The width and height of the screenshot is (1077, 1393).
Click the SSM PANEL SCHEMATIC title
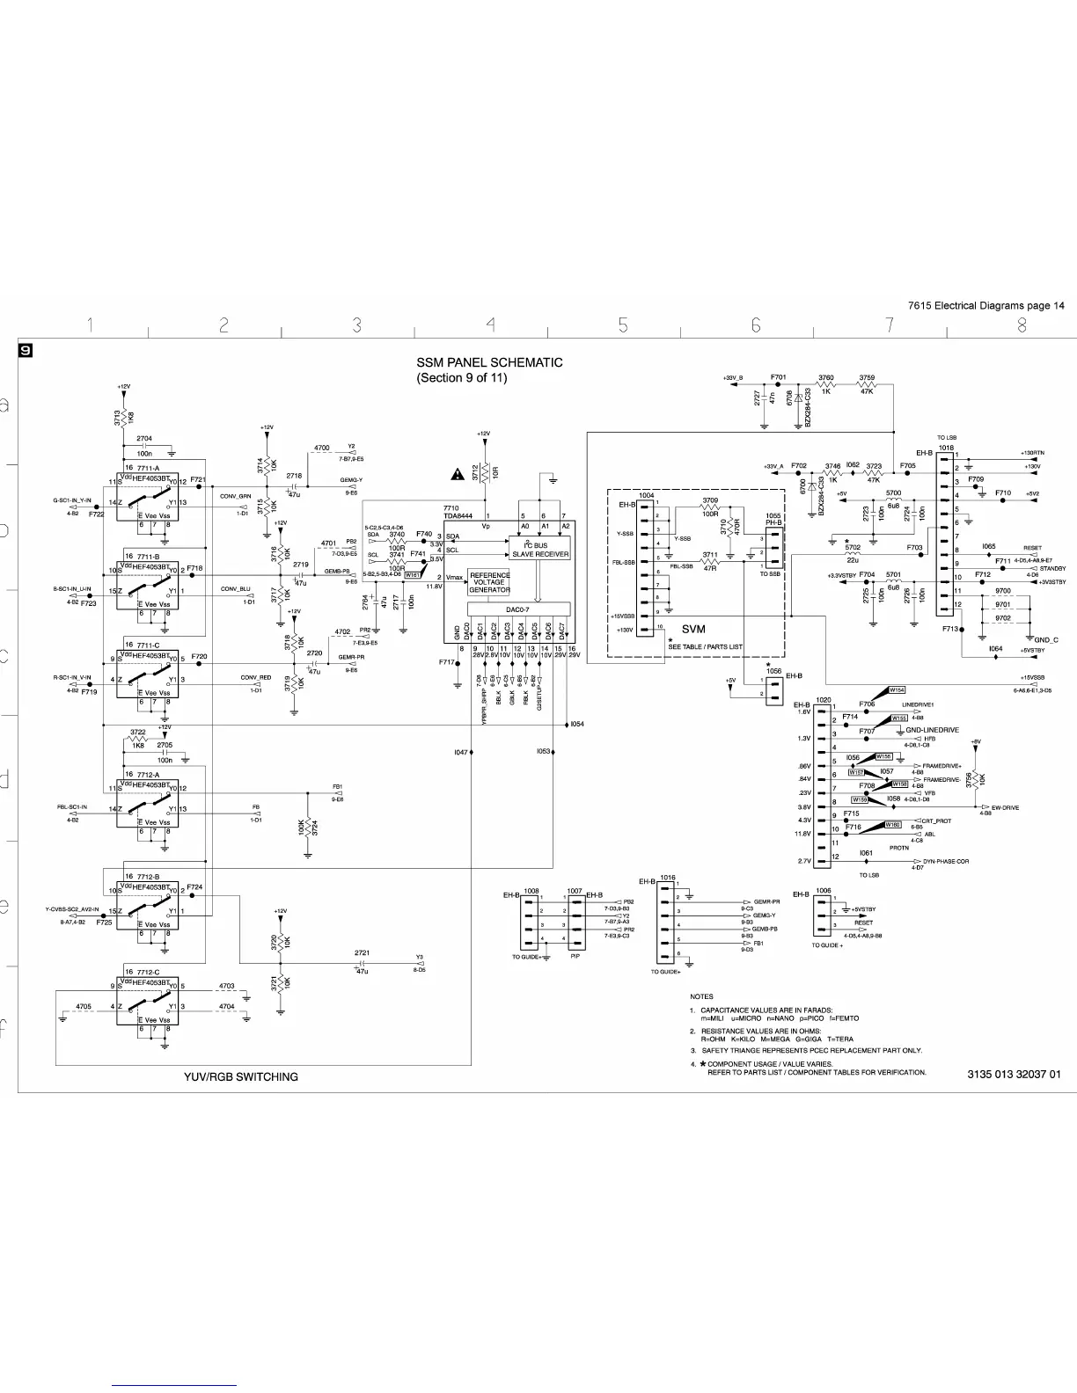click(x=489, y=362)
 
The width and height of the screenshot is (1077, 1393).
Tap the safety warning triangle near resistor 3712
click(x=458, y=475)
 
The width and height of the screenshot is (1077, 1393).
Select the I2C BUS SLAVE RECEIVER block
click(x=540, y=550)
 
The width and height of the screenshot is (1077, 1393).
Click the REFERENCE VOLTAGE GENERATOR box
click(x=489, y=582)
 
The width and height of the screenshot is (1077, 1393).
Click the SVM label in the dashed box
click(x=693, y=629)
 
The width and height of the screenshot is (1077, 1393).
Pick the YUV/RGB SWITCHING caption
click(x=241, y=1076)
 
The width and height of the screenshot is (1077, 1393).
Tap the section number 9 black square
click(x=27, y=351)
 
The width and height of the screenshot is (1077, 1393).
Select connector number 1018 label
click(x=945, y=448)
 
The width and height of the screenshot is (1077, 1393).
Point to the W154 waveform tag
click(x=897, y=690)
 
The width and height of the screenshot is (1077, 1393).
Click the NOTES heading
click(x=701, y=996)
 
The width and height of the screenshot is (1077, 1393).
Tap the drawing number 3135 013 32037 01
click(x=1014, y=1074)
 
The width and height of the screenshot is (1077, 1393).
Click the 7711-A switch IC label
click(x=149, y=468)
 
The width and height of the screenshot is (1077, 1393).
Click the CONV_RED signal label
click(x=255, y=678)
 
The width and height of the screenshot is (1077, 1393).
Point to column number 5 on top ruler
click(x=623, y=326)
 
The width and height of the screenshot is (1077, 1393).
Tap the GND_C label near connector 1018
click(x=1046, y=639)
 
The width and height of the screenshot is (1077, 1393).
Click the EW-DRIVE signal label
click(x=1004, y=807)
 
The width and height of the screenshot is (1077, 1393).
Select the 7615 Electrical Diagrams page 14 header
click(x=985, y=305)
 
